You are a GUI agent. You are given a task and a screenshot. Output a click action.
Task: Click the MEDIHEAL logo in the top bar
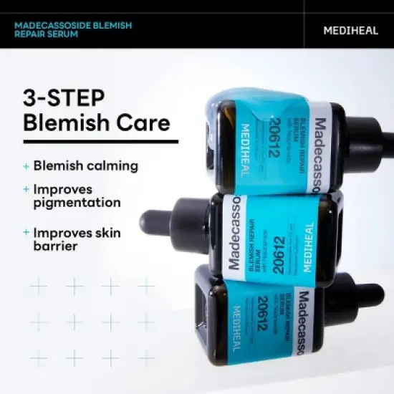(x=348, y=31)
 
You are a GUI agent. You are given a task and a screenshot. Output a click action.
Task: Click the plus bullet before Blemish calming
(x=27, y=166)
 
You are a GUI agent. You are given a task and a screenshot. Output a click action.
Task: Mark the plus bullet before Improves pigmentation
(x=27, y=189)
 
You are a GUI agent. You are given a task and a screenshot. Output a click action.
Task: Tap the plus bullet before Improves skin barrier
(x=27, y=232)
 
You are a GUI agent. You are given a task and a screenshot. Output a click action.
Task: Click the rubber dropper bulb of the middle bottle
(x=151, y=218)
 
